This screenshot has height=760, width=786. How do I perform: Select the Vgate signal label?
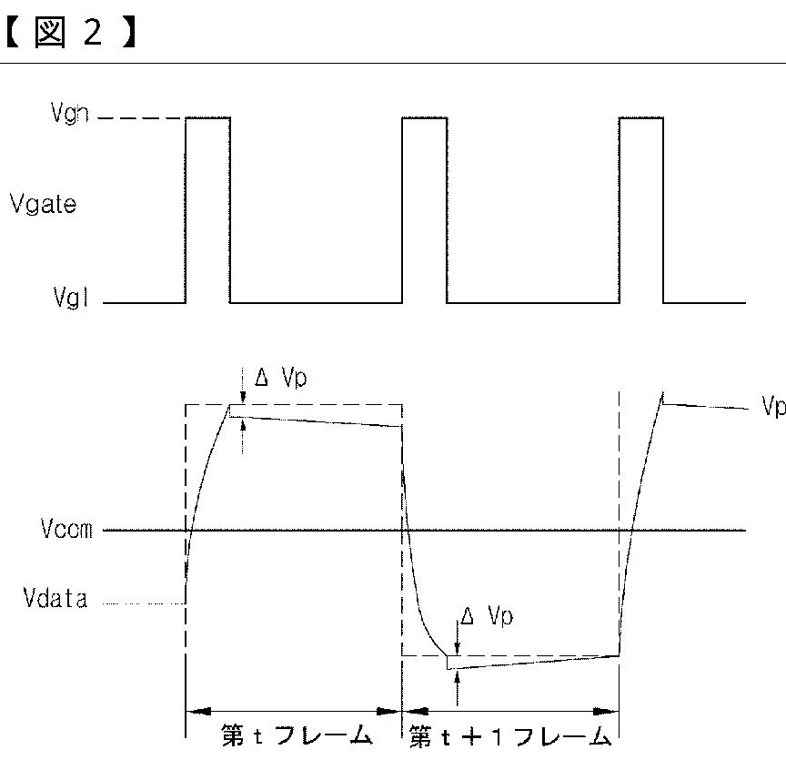click(x=43, y=204)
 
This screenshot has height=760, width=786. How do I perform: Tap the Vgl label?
click(x=70, y=300)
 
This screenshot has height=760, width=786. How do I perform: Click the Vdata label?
click(x=55, y=600)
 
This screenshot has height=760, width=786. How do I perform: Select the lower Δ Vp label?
click(x=486, y=617)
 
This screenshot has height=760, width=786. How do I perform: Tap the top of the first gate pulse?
click(x=208, y=117)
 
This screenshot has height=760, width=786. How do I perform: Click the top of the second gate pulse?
click(x=425, y=117)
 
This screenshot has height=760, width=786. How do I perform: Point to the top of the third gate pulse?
click(x=641, y=117)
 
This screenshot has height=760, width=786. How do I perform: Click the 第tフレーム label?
click(x=297, y=735)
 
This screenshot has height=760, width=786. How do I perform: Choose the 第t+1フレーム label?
click(x=509, y=735)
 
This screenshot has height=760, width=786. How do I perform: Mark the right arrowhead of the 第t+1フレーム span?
click(x=609, y=712)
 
